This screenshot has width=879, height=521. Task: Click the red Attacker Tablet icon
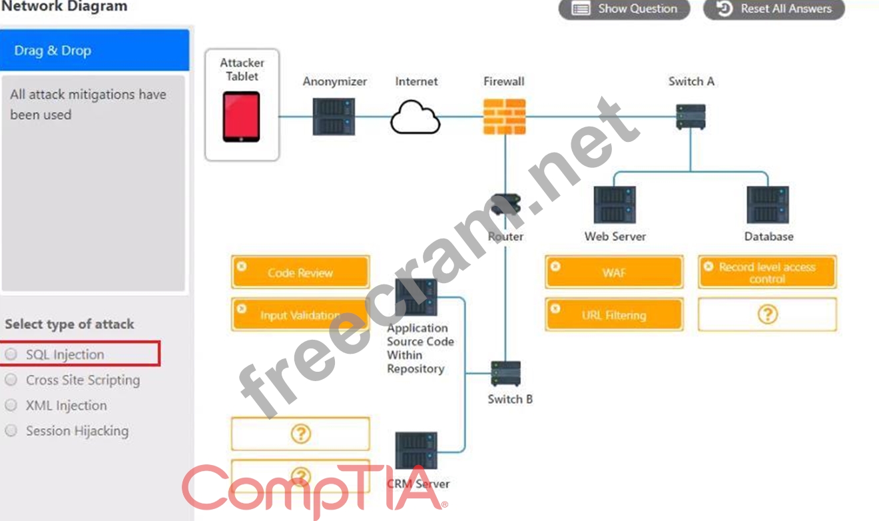tap(241, 117)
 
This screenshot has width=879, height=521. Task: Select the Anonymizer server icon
tap(334, 117)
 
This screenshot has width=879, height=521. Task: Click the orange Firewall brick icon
tap(504, 117)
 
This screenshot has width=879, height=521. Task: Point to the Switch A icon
tap(691, 117)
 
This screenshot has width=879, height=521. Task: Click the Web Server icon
tap(615, 205)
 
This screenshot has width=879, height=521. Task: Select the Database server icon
tap(768, 205)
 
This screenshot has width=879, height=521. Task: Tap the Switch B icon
tap(505, 374)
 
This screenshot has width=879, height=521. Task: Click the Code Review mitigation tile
tap(300, 272)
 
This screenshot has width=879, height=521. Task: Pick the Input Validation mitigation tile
tap(300, 315)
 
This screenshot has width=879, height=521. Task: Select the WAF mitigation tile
tap(614, 272)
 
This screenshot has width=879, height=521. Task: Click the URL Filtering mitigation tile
tap(614, 315)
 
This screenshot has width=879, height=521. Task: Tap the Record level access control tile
tap(767, 272)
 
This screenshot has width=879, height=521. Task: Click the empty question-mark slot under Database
tap(767, 314)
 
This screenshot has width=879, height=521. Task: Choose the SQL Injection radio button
tap(11, 354)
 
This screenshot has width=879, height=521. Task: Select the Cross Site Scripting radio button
tap(11, 380)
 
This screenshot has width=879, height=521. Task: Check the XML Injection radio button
tap(11, 405)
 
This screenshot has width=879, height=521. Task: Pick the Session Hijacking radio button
tap(11, 431)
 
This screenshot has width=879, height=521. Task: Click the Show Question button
tap(624, 9)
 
